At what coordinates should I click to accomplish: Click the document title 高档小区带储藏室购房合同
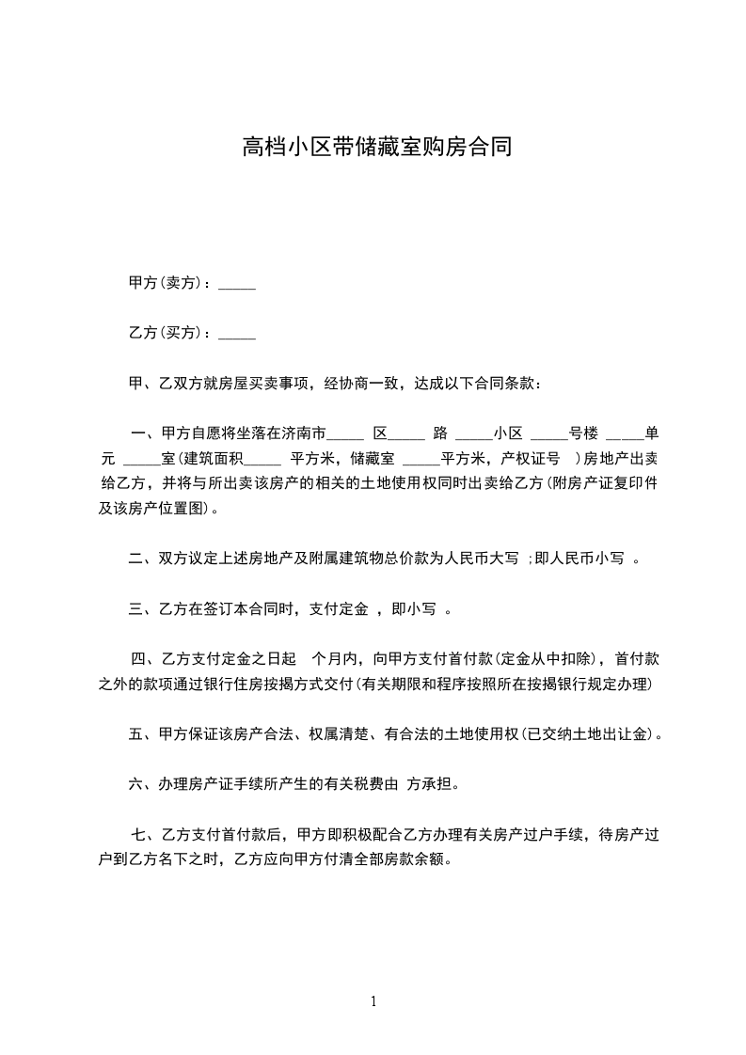(377, 147)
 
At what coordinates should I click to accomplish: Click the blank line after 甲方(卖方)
(237, 283)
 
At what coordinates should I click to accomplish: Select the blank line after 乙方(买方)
(237, 334)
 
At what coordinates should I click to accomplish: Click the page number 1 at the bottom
(373, 1001)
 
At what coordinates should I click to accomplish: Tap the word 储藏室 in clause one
(373, 460)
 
